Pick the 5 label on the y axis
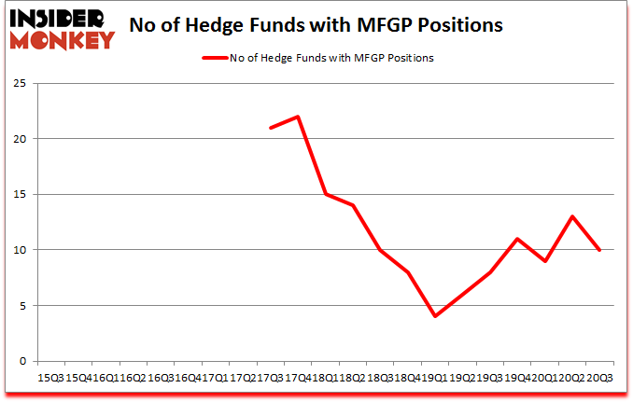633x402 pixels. coord(21,306)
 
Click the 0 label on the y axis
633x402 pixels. coord(21,361)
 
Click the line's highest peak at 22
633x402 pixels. coord(297,117)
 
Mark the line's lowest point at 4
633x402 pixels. coord(434,316)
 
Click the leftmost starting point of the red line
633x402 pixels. coord(270,128)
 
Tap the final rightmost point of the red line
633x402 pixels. coord(599,250)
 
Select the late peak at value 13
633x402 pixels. coord(571,216)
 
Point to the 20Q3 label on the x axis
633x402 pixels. coord(598,377)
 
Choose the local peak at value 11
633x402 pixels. coord(516,239)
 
